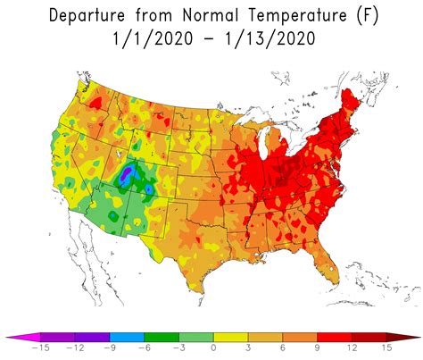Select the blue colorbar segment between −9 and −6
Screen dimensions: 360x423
click(126, 338)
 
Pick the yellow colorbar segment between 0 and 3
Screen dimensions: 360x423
click(230, 338)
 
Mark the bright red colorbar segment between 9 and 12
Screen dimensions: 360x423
click(334, 338)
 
